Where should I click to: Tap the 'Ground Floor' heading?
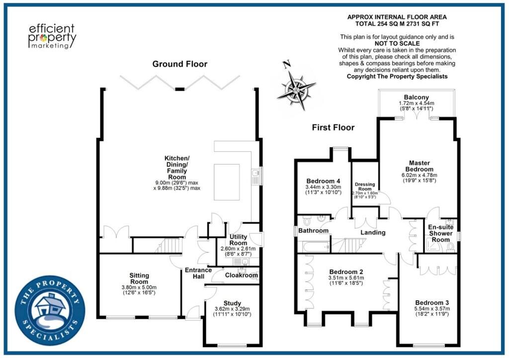pyautogui.click(x=180, y=64)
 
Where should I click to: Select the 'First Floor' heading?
pyautogui.click(x=333, y=127)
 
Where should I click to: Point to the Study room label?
pyautogui.click(x=232, y=303)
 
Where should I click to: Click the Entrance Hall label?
pyautogui.click(x=198, y=273)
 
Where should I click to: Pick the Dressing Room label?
pyautogui.click(x=365, y=186)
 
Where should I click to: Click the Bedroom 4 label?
pyautogui.click(x=323, y=180)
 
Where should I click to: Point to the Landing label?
pyautogui.click(x=373, y=233)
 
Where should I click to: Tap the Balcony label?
pyautogui.click(x=417, y=97)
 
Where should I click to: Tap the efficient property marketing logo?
pyautogui.click(x=52, y=36)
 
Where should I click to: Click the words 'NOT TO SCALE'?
pyautogui.click(x=397, y=44)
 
